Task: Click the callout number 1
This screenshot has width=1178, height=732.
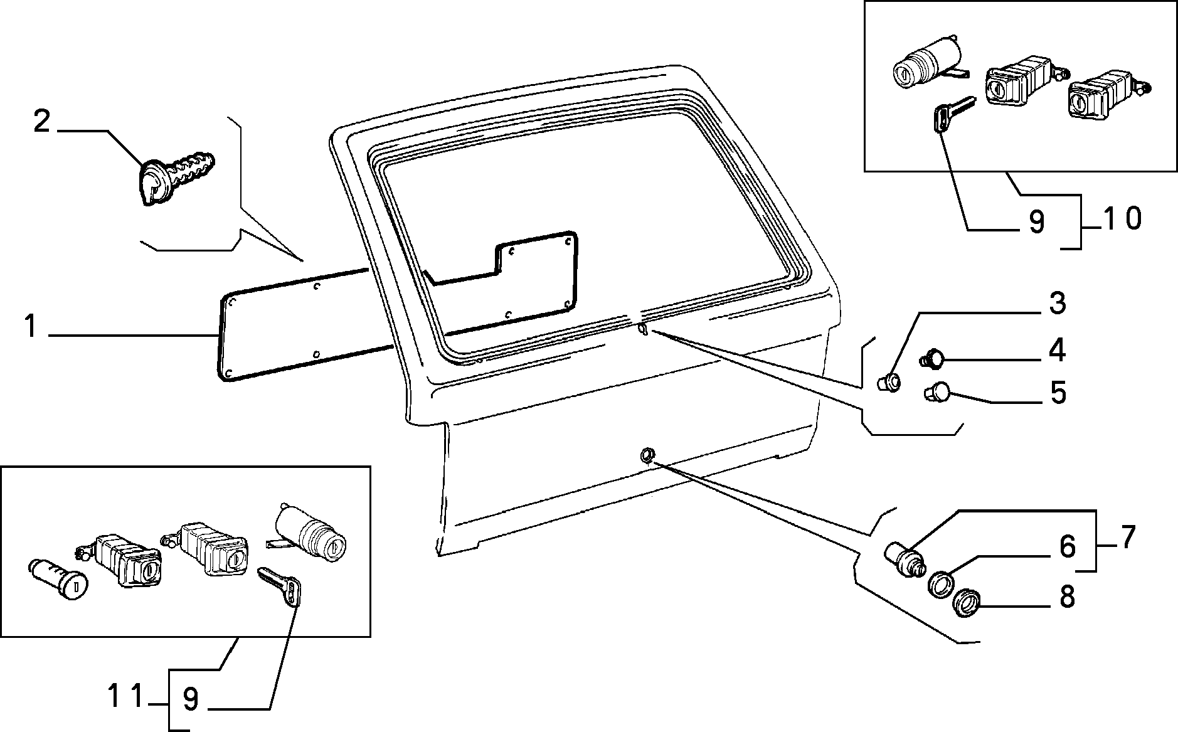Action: tap(31, 327)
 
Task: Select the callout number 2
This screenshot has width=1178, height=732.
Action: tap(41, 120)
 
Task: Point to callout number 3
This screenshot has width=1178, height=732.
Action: tap(1057, 304)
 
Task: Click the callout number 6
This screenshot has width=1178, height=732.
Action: tap(1068, 547)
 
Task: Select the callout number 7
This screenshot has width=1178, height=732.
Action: tap(1127, 538)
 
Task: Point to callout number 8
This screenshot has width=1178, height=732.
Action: tap(1067, 597)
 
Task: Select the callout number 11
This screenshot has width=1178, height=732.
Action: tap(125, 697)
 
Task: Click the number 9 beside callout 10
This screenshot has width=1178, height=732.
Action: tap(1036, 223)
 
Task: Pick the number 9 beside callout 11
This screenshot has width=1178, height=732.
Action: tap(191, 699)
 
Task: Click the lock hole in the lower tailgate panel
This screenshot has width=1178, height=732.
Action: tap(646, 454)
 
